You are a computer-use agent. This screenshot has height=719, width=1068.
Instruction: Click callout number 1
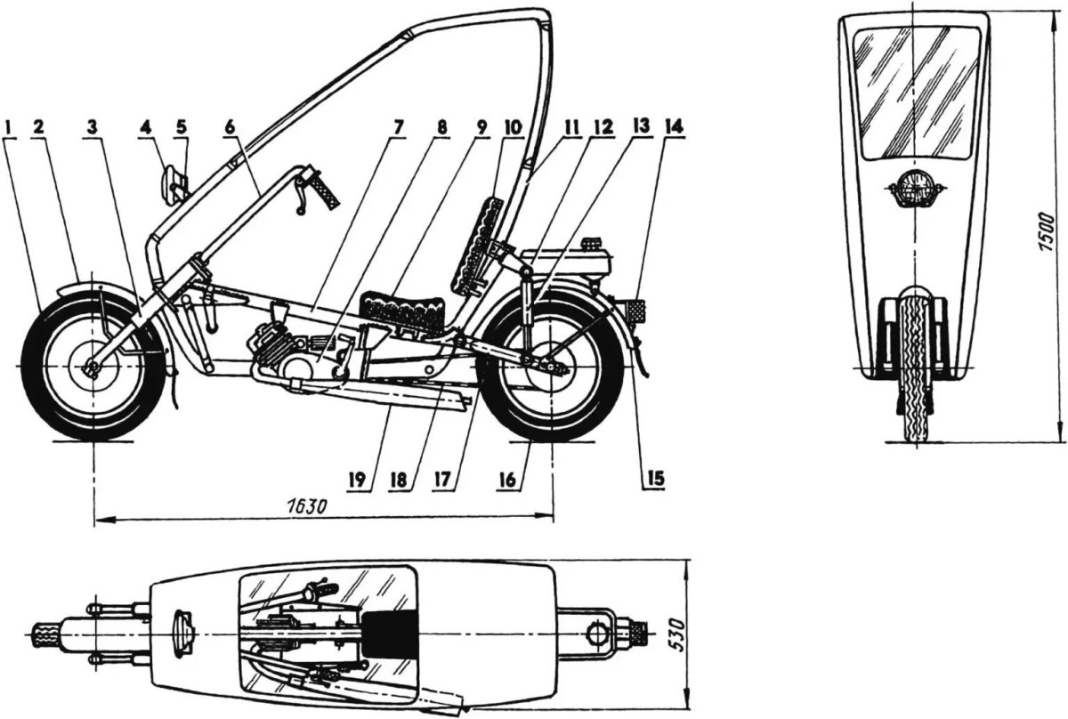9,127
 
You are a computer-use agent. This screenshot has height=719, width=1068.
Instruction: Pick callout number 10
513,128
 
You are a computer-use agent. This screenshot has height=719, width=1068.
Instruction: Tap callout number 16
507,480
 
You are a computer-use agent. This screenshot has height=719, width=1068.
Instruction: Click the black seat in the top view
390,633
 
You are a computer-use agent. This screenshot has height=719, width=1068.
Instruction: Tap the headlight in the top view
184,634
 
